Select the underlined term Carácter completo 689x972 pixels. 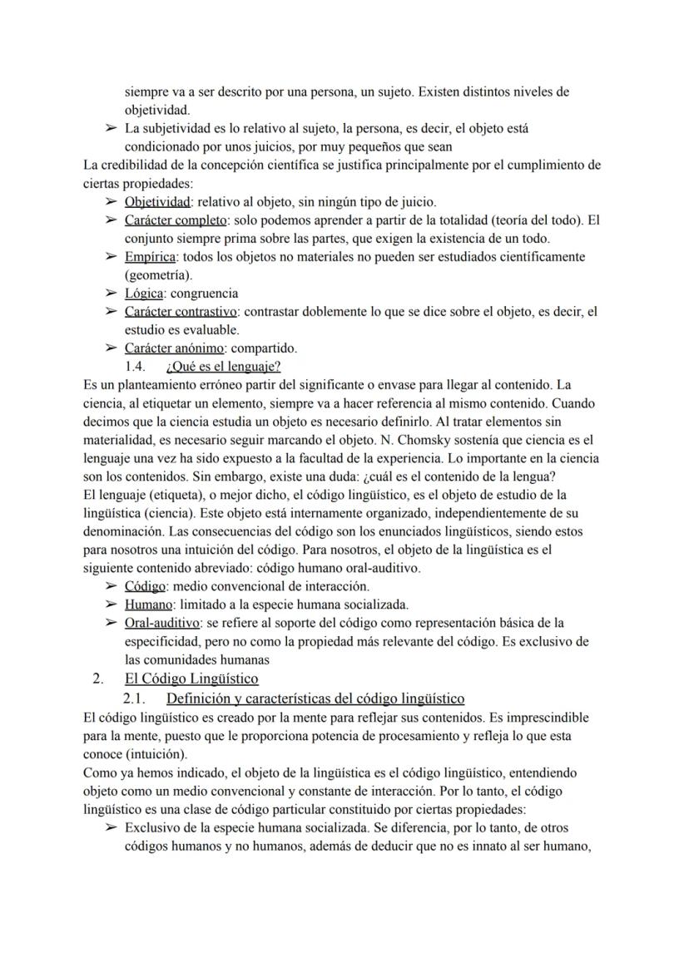click(176, 220)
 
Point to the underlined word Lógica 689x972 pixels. click(144, 293)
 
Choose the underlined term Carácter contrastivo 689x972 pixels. click(181, 311)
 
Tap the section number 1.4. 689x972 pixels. click(136, 366)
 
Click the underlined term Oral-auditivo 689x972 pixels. click(161, 622)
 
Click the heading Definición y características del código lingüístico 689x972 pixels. click(315, 698)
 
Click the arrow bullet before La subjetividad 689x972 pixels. click(111, 129)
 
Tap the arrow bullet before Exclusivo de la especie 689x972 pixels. click(111, 828)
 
